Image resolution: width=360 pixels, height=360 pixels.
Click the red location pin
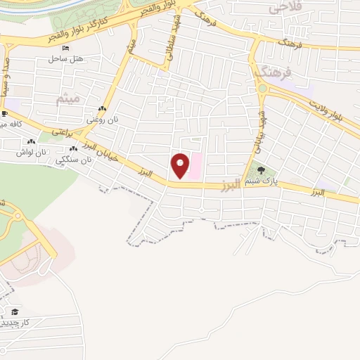pos(181,165)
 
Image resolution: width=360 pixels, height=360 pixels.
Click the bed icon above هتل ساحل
pos(66,48)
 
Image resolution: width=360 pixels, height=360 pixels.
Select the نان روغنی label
pos(103,120)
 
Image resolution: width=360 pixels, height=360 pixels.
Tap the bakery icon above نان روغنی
pos(103,109)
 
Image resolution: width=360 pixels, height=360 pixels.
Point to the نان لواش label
pos(31,152)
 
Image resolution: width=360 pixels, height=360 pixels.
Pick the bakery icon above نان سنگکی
pos(74,149)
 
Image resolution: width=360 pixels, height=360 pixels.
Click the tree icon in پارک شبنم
pos(261,169)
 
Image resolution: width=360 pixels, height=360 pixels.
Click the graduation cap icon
pos(14,311)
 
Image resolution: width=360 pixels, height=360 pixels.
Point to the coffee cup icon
pos(4,114)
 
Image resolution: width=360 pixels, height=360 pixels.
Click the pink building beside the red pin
pos(196,166)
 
